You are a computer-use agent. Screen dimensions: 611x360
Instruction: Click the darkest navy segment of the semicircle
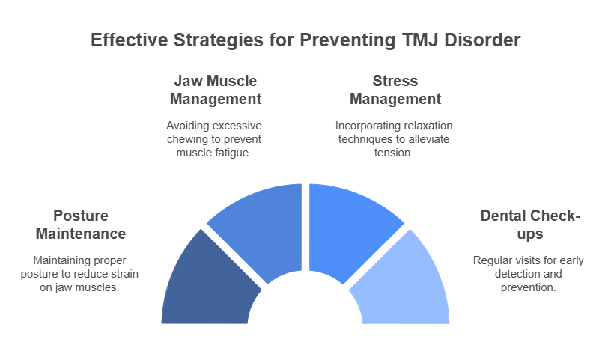[x=207, y=284]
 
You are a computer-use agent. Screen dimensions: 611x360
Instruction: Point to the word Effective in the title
[x=130, y=40]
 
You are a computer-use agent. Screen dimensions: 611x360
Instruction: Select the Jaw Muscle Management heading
[x=216, y=90]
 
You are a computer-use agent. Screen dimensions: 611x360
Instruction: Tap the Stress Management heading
[x=395, y=90]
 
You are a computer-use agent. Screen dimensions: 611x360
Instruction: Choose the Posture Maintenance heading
[x=81, y=225]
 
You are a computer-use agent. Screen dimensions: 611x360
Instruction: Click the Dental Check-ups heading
[x=530, y=225]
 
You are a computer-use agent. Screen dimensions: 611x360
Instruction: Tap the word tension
[x=394, y=153]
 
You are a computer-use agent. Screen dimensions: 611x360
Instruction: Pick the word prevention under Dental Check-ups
[x=528, y=287]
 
